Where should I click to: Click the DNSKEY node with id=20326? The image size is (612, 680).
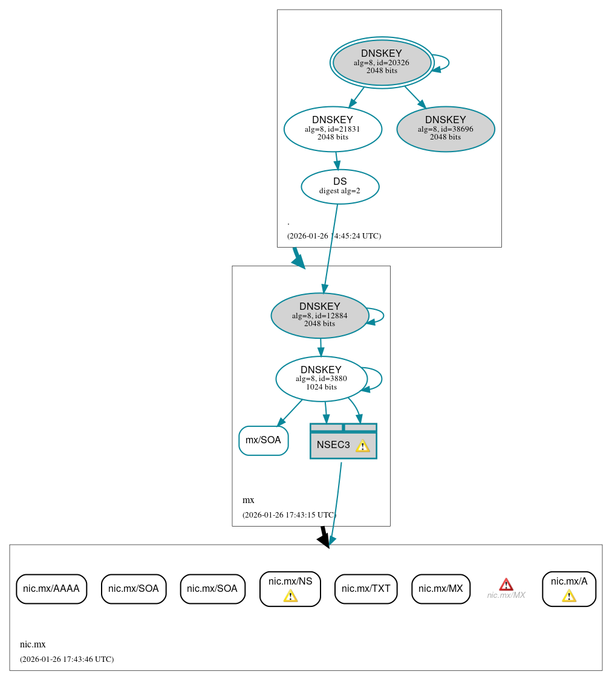(382, 62)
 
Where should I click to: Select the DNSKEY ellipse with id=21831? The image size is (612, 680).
(333, 129)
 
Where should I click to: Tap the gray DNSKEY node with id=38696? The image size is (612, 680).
(446, 129)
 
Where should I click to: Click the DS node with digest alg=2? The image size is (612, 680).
(340, 187)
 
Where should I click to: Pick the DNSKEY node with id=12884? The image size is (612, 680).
(319, 315)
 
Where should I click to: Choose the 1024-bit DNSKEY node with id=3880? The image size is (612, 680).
(321, 379)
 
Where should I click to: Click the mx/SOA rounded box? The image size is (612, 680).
(263, 440)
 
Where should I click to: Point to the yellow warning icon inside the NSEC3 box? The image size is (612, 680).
(362, 446)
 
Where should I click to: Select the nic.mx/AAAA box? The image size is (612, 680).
(51, 589)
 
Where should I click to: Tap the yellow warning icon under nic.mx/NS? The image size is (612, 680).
(290, 596)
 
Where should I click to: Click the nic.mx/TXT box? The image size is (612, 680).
(366, 589)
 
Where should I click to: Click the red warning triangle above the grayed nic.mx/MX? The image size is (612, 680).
(506, 584)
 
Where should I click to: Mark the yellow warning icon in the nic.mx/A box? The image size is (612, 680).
(568, 596)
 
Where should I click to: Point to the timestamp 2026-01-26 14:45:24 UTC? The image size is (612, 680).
(334, 236)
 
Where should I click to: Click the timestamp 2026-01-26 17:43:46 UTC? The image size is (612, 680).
(67, 659)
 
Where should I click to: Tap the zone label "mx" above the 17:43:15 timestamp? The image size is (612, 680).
(248, 500)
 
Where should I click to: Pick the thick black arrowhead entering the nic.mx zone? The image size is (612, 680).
(324, 540)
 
